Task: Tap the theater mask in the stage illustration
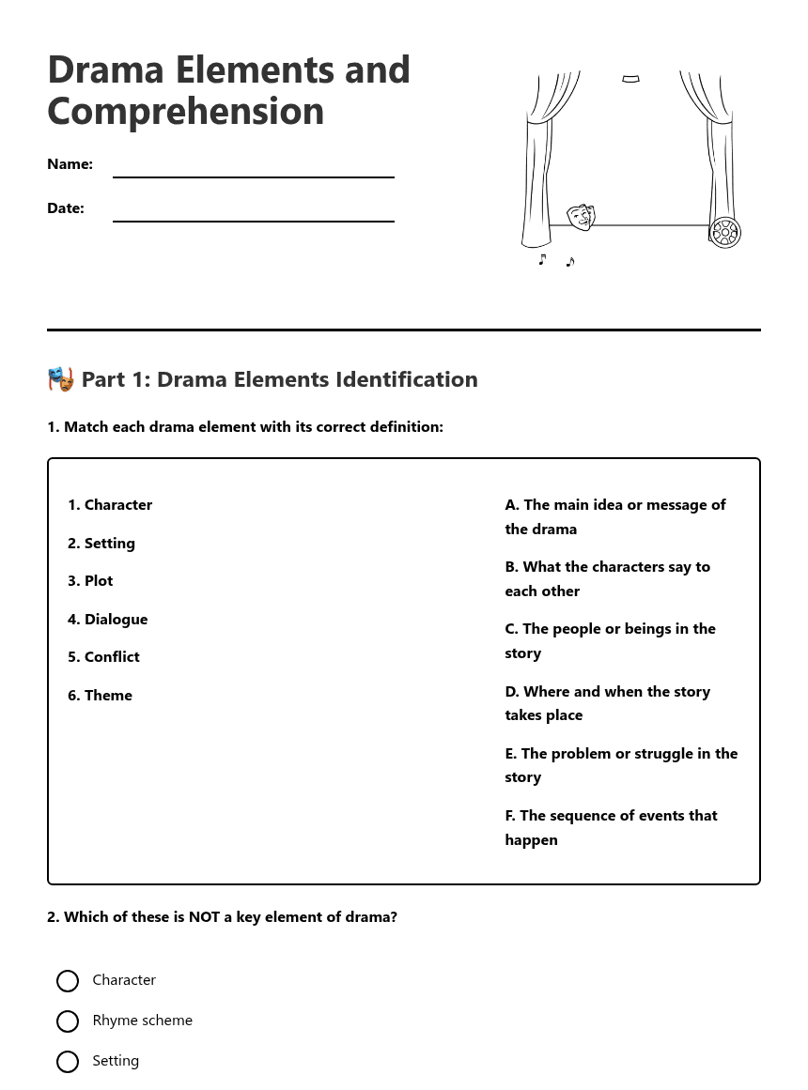pyautogui.click(x=581, y=217)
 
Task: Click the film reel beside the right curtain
pyautogui.click(x=724, y=232)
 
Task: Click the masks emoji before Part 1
pyautogui.click(x=61, y=379)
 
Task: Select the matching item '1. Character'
pyautogui.click(x=110, y=505)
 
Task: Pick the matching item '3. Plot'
pyautogui.click(x=90, y=581)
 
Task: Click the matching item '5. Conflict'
pyautogui.click(x=103, y=657)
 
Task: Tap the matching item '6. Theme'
pyautogui.click(x=100, y=696)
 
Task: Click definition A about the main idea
pyautogui.click(x=615, y=516)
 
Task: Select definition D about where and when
pyautogui.click(x=608, y=703)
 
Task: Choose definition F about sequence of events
pyautogui.click(x=611, y=827)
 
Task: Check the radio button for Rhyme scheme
pyautogui.click(x=68, y=1021)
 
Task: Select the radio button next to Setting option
pyautogui.click(x=68, y=1062)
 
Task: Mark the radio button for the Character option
pyautogui.click(x=68, y=981)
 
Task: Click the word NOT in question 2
pyautogui.click(x=204, y=917)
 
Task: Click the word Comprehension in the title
pyautogui.click(x=186, y=111)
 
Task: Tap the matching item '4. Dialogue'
pyautogui.click(x=108, y=620)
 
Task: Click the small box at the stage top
pyautogui.click(x=630, y=79)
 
